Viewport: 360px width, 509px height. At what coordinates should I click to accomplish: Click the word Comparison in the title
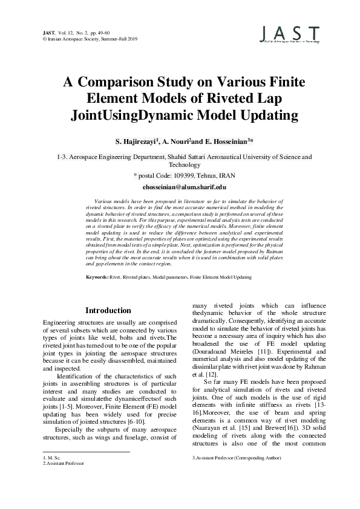tap(125, 83)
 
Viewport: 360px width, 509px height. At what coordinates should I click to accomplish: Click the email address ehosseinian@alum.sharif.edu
tap(180, 189)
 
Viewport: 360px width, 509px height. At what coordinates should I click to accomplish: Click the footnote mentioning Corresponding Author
tap(236, 459)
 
